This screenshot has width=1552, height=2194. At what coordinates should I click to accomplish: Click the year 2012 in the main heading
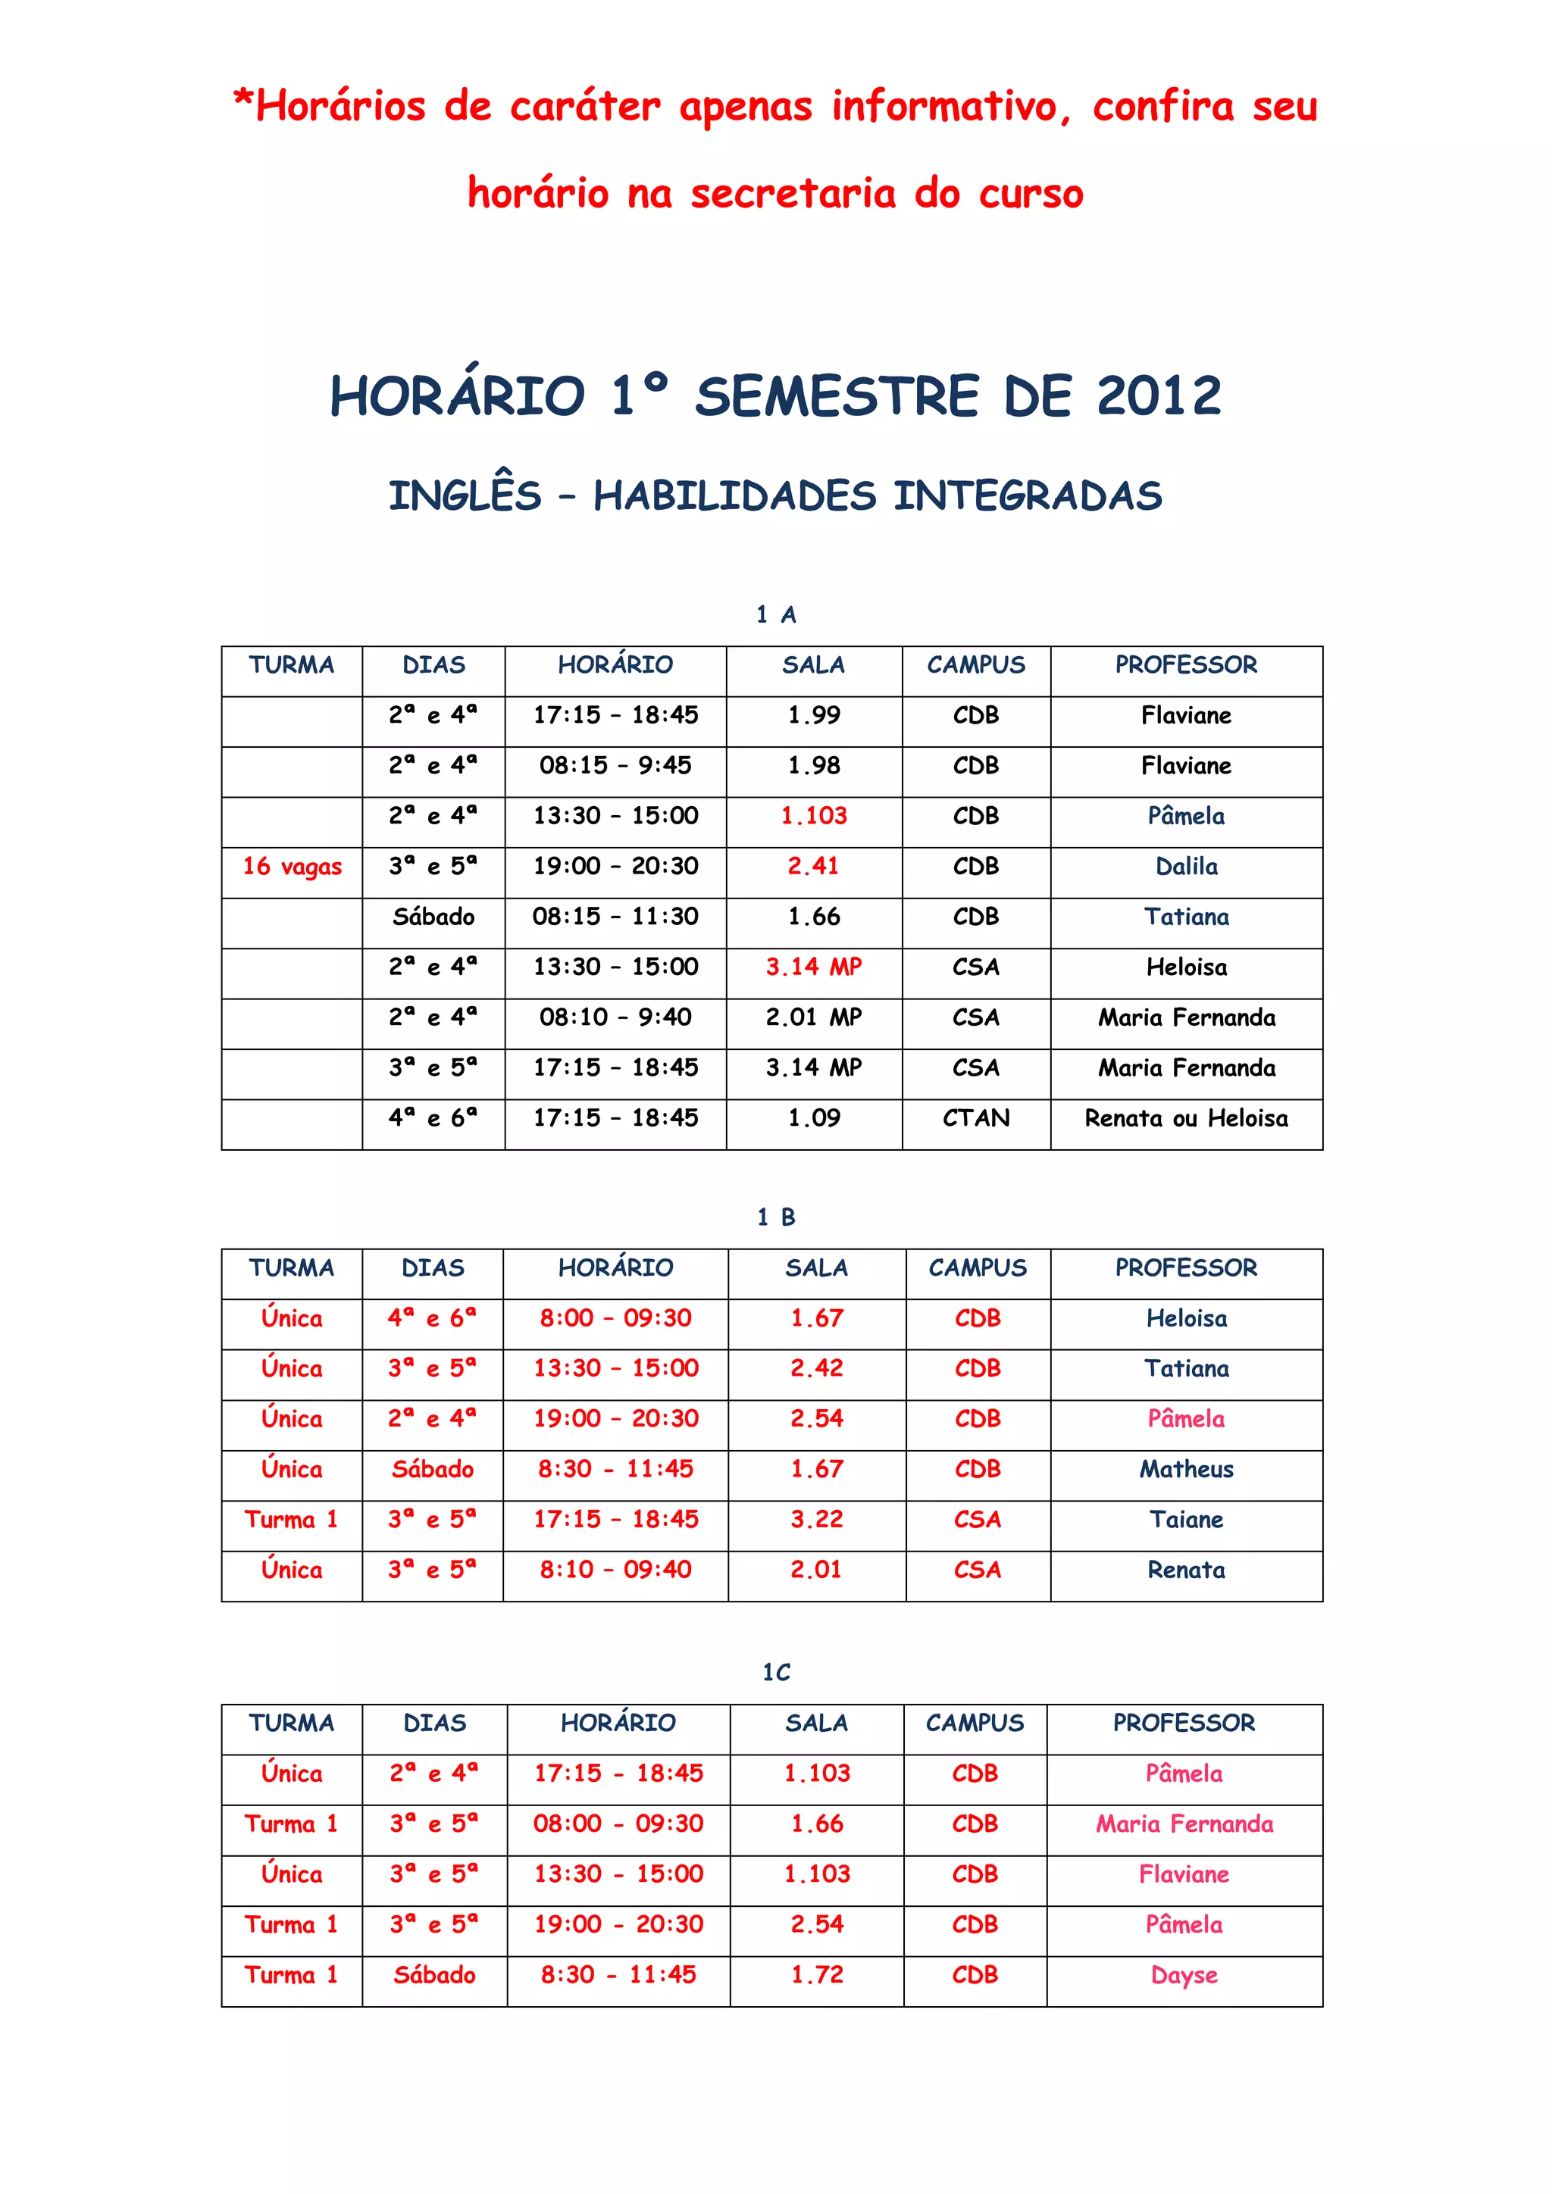coord(1158,395)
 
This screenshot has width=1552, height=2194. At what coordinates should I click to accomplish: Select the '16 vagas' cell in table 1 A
coord(292,867)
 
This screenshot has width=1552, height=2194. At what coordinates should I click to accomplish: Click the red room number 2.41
coord(813,867)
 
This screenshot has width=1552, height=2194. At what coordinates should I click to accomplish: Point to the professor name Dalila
coord(1186,867)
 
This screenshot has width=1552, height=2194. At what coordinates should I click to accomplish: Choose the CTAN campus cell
coord(976,1118)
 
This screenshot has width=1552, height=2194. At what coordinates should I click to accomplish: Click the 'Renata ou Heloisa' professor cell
coord(1186,1118)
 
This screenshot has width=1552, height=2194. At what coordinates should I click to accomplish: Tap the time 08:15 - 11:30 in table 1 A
coord(615,917)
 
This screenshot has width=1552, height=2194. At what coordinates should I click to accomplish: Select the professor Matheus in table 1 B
coord(1186,1469)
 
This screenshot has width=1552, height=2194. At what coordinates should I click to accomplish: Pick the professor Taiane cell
coord(1186,1520)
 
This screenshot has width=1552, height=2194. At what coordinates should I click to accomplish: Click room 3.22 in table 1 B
coord(816,1520)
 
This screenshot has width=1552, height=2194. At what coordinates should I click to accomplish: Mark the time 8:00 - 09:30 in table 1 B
coord(615,1319)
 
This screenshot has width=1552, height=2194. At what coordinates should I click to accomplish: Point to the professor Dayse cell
coord(1184,1975)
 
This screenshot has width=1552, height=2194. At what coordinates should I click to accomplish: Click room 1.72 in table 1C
coord(816,1974)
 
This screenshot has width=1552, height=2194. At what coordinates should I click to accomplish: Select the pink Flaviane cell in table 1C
coord(1184,1874)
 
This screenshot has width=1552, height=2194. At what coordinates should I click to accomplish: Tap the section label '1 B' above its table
coord(776,1217)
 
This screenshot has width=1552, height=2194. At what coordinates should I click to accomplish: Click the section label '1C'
coord(776,1672)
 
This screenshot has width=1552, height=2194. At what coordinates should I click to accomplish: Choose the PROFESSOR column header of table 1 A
coord(1186,665)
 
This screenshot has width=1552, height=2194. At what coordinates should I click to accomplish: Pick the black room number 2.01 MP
coord(813,1017)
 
